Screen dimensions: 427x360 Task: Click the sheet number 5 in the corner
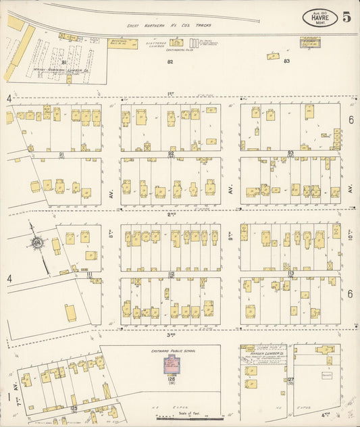[346, 18]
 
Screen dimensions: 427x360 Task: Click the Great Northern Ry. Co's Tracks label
[169, 26]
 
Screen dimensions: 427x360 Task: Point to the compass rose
[38, 243]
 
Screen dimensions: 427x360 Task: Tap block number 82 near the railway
[170, 61]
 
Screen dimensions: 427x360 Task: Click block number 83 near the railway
[286, 61]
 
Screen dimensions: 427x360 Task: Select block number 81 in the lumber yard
[64, 62]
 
